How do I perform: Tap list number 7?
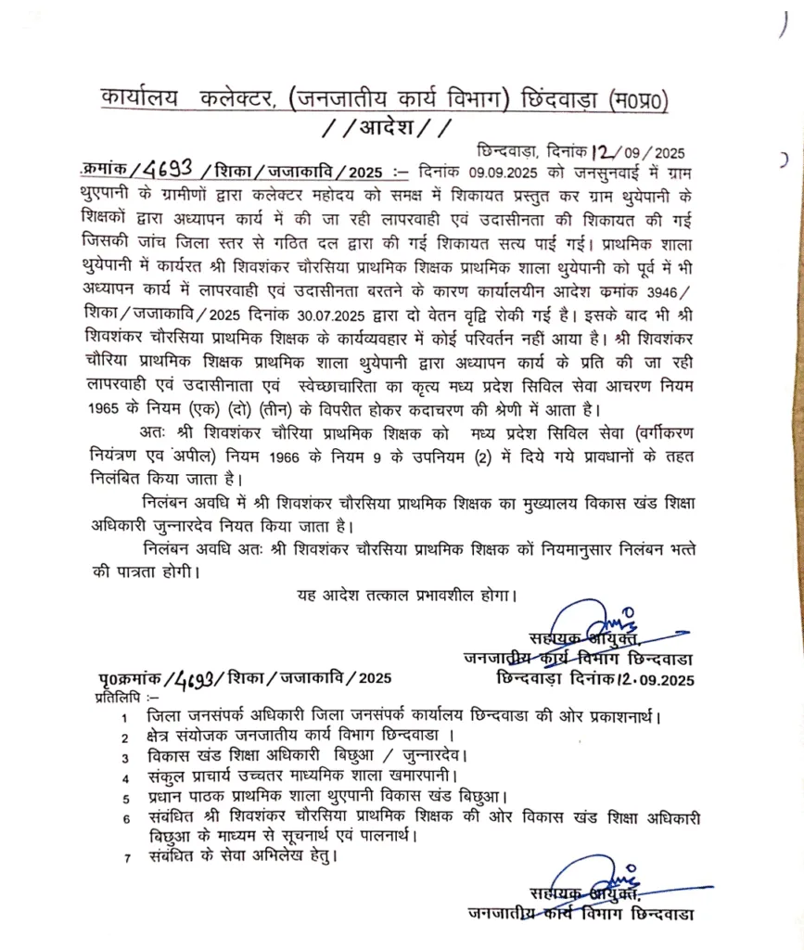coord(126,857)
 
